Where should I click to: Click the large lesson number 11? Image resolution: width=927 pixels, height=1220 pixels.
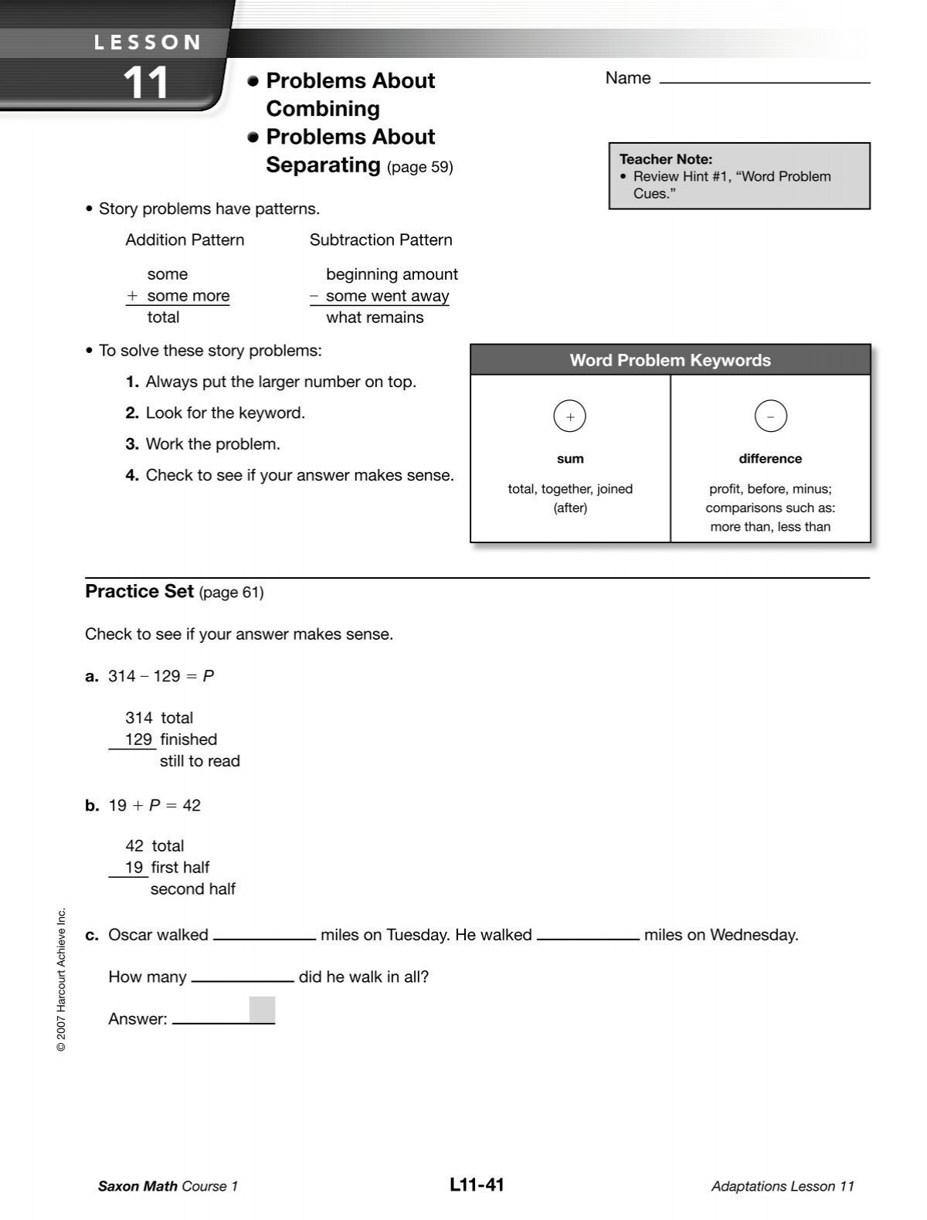(145, 83)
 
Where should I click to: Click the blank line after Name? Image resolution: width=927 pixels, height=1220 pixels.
(764, 80)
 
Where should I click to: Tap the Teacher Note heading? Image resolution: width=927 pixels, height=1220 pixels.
(665, 159)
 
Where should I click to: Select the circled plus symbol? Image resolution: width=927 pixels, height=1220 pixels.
(570, 416)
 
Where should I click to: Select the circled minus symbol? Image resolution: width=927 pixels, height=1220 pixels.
(770, 416)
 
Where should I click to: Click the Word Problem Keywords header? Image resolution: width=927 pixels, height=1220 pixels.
(670, 360)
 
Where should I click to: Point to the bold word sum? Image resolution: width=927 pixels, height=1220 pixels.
(570, 459)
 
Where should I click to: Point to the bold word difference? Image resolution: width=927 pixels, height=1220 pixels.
(770, 459)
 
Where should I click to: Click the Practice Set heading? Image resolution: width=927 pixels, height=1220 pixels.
(139, 592)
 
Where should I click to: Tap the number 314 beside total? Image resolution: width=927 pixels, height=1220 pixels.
(139, 718)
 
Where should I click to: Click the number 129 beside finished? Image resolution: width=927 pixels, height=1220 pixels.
(139, 739)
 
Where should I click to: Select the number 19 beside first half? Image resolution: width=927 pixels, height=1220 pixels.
(134, 867)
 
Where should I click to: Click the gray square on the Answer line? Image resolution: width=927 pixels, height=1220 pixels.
(262, 1010)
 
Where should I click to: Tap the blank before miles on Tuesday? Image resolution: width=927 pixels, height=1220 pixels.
(264, 935)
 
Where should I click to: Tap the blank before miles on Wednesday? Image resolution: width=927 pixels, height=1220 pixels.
(588, 935)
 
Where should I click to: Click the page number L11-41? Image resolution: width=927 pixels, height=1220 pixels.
(476, 1184)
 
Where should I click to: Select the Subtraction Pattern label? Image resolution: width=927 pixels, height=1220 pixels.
(381, 240)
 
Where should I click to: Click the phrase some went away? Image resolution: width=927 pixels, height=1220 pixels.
(387, 296)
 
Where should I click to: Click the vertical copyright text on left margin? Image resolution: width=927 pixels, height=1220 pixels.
(63, 979)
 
